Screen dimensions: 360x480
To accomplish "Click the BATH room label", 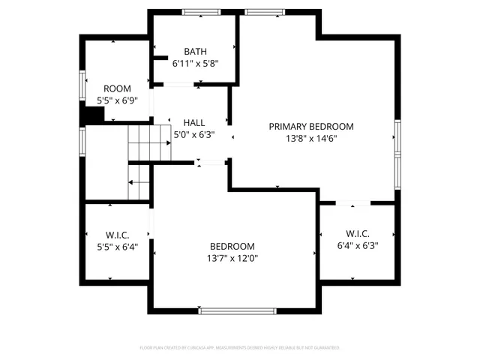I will [195, 52].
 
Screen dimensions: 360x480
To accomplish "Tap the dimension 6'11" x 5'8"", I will [195, 64].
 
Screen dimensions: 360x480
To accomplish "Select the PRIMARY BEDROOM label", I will [311, 127].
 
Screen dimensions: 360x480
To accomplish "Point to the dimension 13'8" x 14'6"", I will [311, 139].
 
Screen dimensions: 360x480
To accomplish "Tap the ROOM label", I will [117, 88].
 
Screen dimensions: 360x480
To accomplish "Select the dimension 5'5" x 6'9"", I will [117, 100].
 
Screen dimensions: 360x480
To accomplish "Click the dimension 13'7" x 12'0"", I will [232, 259].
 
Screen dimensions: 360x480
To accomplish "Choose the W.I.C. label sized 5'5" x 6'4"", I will [118, 235].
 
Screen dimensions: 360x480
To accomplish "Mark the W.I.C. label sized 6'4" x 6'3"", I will [358, 233].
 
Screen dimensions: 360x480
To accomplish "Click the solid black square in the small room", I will [92, 115].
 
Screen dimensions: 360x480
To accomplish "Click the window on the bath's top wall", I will [196, 13].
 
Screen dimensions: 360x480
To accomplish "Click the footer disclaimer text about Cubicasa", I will [240, 348].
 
